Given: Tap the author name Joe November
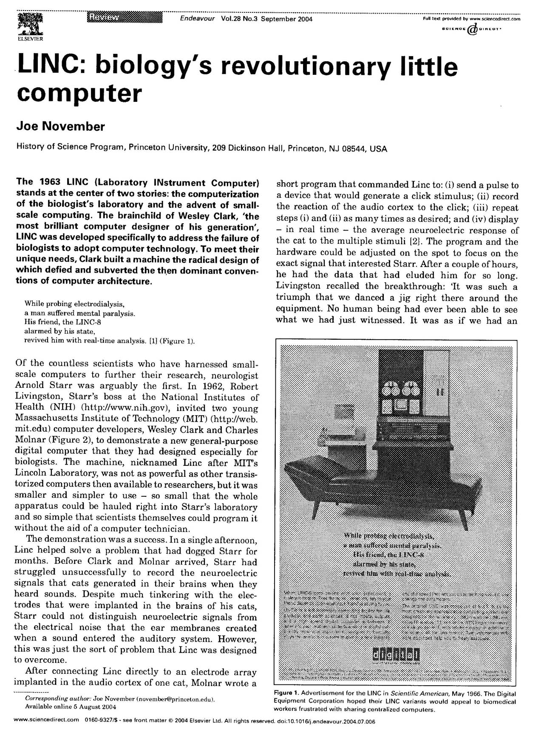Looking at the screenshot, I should click(60, 126).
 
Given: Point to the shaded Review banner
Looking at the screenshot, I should click(125, 17).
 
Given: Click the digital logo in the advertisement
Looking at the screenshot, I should click(396, 654).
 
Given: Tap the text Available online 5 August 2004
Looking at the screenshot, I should click(71, 707).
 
